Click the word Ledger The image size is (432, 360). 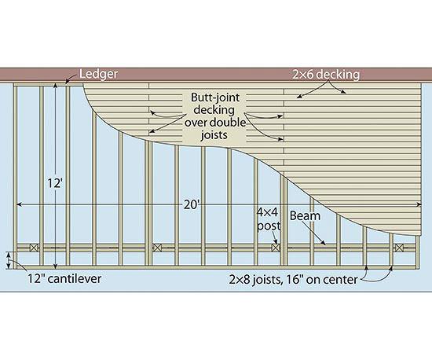click(99, 74)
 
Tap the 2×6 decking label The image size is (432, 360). click(326, 75)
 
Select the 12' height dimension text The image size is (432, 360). click(54, 183)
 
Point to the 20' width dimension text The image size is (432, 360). click(192, 205)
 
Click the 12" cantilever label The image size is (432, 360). click(64, 278)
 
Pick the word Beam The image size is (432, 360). click(305, 216)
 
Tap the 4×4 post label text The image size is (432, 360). click(268, 219)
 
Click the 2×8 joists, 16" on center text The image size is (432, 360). click(293, 280)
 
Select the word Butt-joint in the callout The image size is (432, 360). click(215, 97)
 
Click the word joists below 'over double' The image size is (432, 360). click(214, 135)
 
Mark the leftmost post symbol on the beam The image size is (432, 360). click(34, 248)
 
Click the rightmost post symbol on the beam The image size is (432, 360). click(399, 248)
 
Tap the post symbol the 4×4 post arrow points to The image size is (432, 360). click(276, 248)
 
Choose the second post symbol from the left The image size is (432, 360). click(157, 248)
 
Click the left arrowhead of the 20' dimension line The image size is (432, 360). click(19, 204)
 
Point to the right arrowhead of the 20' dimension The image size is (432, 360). click(419, 204)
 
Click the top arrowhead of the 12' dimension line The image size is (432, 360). click(56, 86)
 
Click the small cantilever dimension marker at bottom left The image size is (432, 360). click(9, 260)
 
